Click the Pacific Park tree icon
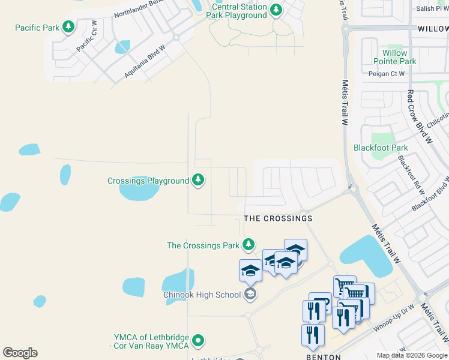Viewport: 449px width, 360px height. tap(69, 27)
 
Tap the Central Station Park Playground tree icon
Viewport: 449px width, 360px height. tap(276, 10)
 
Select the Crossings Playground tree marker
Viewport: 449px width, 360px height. tap(197, 180)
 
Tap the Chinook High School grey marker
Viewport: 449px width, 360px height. tap(250, 294)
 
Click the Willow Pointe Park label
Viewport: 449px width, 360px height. tap(394, 57)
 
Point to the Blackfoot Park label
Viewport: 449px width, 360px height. tap(381, 148)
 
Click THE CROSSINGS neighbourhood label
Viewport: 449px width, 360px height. tap(278, 218)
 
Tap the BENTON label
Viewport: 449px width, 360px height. tap(324, 356)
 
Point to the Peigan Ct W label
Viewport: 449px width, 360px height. tap(387, 74)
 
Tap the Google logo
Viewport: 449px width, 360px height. tap(20, 353)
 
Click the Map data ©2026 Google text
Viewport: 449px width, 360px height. tap(412, 355)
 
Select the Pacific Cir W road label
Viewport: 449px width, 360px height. tap(86, 37)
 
